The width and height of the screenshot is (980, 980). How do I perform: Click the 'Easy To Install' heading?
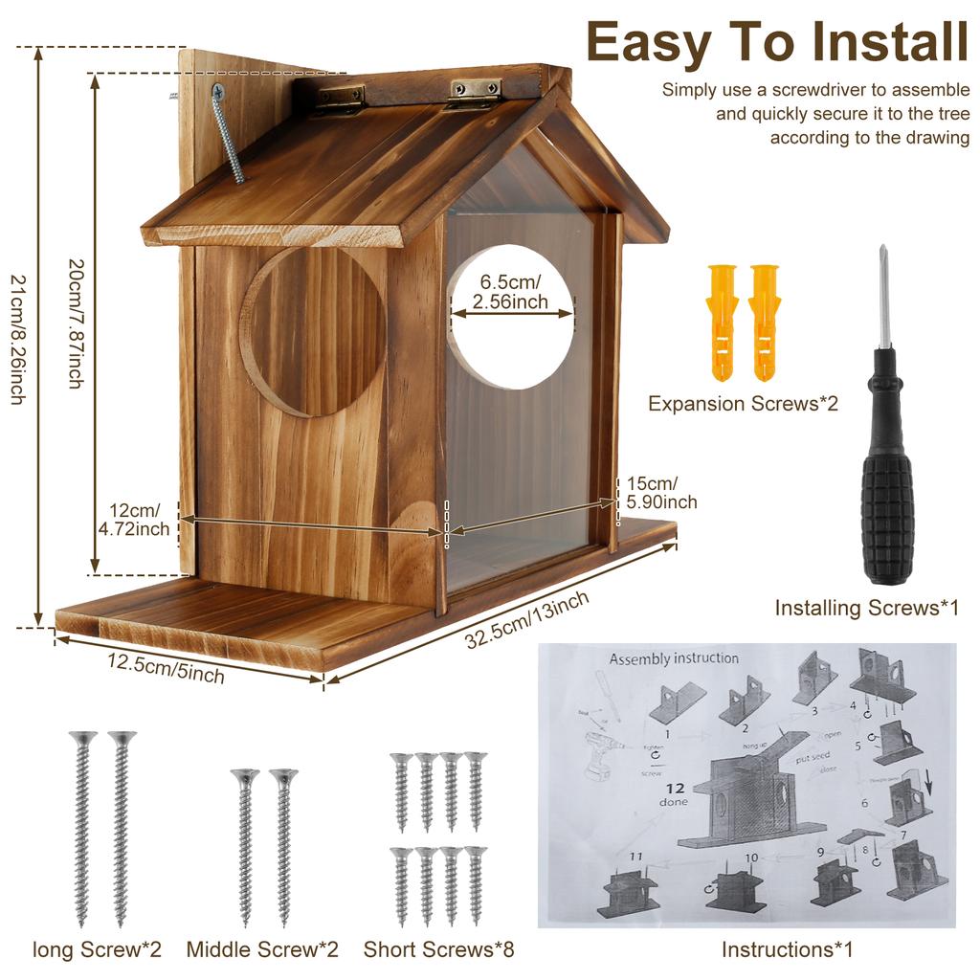(777, 42)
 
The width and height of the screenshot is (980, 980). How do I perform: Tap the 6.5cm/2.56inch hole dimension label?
(510, 292)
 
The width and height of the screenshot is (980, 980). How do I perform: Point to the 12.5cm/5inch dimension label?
(166, 668)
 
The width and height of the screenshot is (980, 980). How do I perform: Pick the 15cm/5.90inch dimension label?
(661, 492)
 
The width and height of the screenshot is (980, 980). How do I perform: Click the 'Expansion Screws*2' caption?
(743, 404)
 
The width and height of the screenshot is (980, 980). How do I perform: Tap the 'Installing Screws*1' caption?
(866, 608)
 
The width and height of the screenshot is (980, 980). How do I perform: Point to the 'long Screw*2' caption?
(97, 950)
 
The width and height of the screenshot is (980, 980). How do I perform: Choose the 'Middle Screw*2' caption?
(262, 950)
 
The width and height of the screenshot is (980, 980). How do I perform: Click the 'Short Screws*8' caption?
(438, 950)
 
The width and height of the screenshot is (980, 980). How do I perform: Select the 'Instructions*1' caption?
(787, 950)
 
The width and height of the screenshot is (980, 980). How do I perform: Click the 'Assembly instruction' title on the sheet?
(674, 658)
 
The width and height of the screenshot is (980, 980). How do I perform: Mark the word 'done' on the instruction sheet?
(673, 802)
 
